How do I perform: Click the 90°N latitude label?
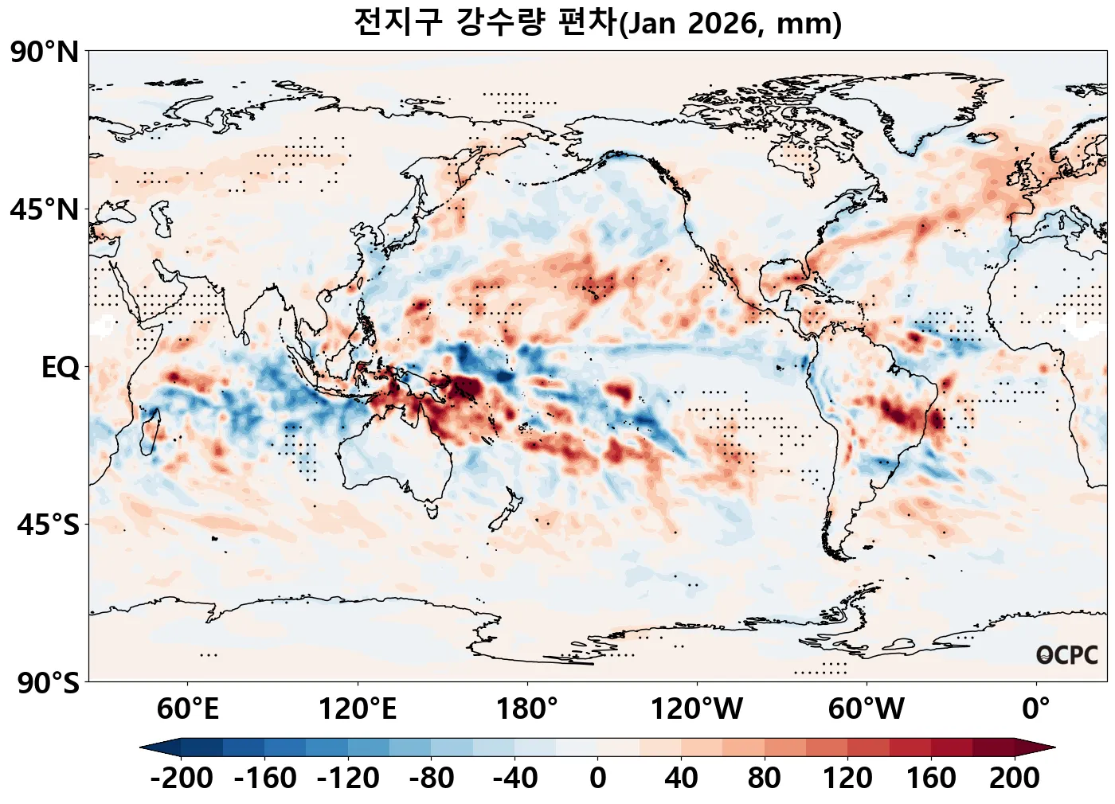(x=45, y=53)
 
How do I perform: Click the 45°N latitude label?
(x=45, y=210)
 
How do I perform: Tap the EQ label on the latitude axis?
(x=61, y=368)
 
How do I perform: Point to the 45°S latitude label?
(x=47, y=525)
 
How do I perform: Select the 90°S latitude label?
(x=47, y=683)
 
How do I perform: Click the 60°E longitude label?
(x=187, y=708)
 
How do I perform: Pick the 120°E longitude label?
(x=357, y=708)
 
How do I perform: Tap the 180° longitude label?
(x=526, y=708)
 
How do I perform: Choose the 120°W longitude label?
(x=697, y=708)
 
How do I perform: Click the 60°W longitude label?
(x=867, y=708)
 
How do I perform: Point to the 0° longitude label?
(x=1036, y=708)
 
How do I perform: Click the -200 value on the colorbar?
(x=182, y=778)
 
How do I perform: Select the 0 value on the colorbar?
(x=598, y=778)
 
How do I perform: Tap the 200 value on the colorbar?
(x=1015, y=778)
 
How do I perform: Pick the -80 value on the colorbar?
(x=432, y=778)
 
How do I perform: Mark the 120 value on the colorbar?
(x=847, y=778)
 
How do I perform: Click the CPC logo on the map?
(x=1067, y=655)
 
